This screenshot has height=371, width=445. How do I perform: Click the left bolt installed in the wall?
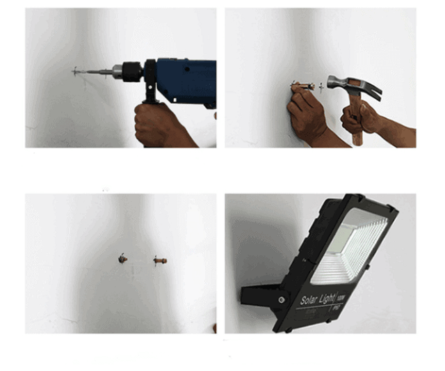[123, 259]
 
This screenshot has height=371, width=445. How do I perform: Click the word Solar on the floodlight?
[311, 300]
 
